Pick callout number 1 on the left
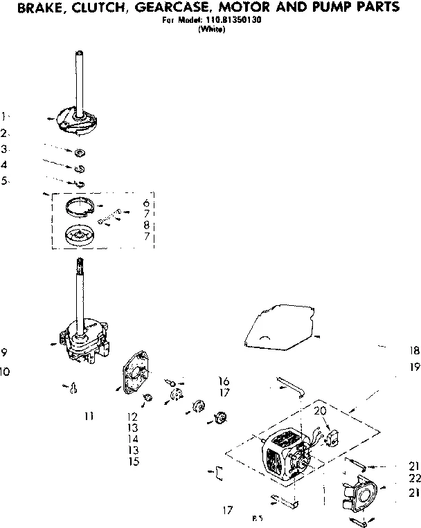(x=3, y=116)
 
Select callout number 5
(x=4, y=181)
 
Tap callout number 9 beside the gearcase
(x=4, y=352)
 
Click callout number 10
(x=6, y=372)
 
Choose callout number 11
(x=88, y=415)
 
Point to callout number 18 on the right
(x=414, y=351)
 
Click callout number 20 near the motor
(x=321, y=411)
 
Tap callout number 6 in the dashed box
(x=147, y=203)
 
